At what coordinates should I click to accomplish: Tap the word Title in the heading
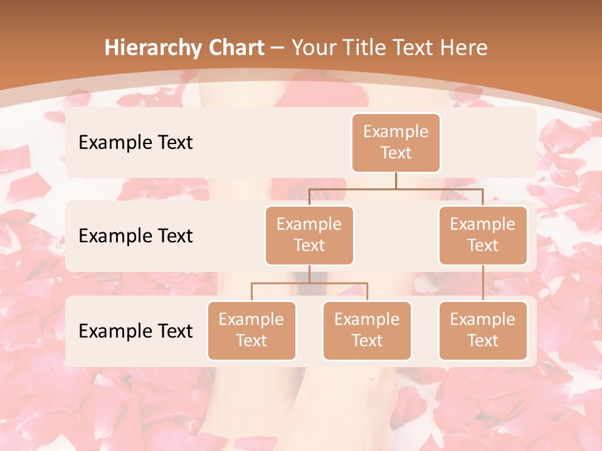point(366,48)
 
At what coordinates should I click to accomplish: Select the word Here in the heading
point(462,48)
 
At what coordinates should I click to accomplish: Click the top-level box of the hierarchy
point(396,143)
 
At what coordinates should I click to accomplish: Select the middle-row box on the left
point(309,236)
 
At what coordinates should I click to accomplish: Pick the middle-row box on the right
point(483,236)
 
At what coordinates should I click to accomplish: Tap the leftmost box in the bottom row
point(251,331)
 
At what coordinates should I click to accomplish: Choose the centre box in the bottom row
point(367,331)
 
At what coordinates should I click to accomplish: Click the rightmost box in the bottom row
point(483,331)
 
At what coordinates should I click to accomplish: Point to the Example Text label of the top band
point(135,143)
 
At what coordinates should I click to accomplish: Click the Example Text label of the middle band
point(135,236)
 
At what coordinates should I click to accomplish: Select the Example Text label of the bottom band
point(135,331)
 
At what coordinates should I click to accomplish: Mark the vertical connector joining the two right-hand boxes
point(483,283)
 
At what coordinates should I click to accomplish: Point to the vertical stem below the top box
point(396,180)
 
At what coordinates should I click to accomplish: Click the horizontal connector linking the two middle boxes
point(396,189)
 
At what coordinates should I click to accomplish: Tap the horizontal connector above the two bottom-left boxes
point(309,283)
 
